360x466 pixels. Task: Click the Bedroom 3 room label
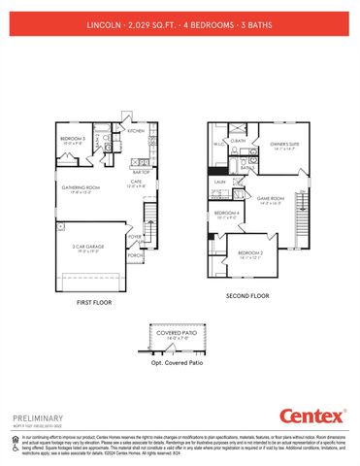(73, 139)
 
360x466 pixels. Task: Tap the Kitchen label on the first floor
(137, 130)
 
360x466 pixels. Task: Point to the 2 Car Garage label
(89, 248)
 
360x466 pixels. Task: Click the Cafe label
(137, 182)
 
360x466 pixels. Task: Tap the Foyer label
(135, 236)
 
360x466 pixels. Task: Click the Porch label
(135, 256)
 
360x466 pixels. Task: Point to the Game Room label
(270, 197)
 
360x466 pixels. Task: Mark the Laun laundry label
(220, 181)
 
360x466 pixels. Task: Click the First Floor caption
(96, 303)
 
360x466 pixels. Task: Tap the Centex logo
(311, 416)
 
